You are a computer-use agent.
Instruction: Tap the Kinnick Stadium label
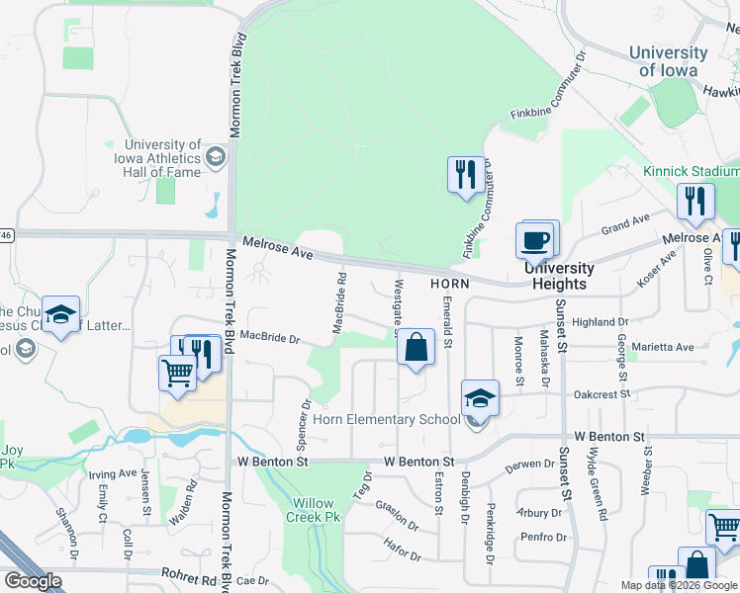(x=691, y=171)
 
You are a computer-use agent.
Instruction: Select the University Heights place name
(x=559, y=276)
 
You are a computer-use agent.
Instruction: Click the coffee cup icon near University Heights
(x=535, y=240)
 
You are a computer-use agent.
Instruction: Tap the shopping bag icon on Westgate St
(x=416, y=348)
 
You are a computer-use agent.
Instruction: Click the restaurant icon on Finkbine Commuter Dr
(x=464, y=176)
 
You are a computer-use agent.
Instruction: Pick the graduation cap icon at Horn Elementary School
(x=480, y=398)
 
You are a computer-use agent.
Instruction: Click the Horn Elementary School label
(x=387, y=419)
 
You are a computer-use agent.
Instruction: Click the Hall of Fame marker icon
(x=215, y=157)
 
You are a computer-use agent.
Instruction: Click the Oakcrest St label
(x=602, y=394)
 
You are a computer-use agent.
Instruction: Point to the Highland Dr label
(x=601, y=322)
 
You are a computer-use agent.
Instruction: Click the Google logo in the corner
(x=33, y=581)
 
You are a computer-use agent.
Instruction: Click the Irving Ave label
(x=112, y=473)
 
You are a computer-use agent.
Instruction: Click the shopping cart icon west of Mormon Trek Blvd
(x=177, y=374)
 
